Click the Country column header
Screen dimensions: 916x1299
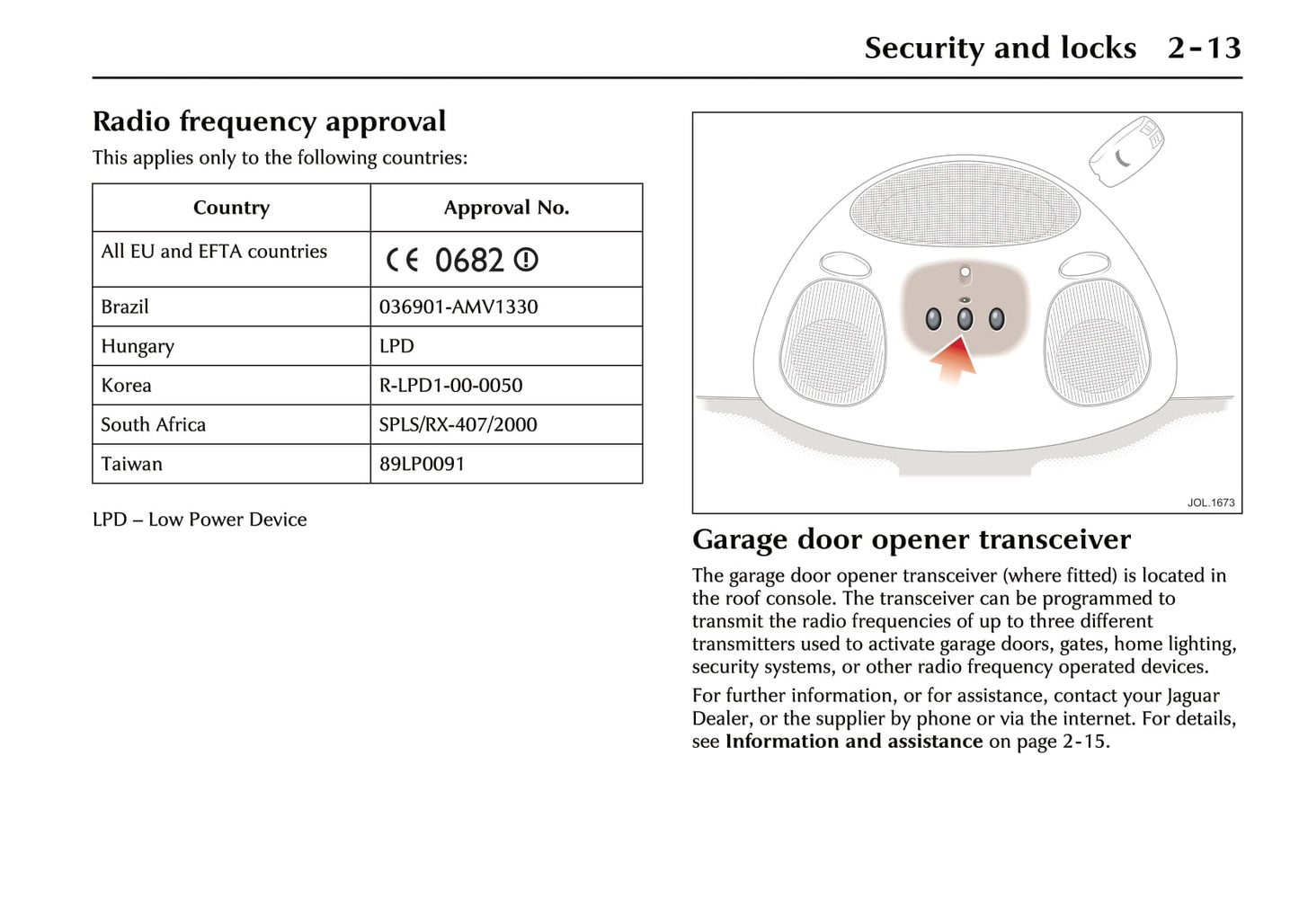[231, 208]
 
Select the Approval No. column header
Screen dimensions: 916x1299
[506, 208]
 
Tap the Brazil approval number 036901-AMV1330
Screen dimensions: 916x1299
[458, 307]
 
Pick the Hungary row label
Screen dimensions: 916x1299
[138, 346]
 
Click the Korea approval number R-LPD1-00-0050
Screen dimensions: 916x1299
[450, 386]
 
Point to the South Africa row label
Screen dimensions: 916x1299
[153, 424]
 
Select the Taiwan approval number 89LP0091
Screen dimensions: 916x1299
[422, 464]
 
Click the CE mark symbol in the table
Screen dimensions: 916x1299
[402, 260]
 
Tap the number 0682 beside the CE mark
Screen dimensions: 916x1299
[469, 260]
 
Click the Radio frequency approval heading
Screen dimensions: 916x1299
[269, 121]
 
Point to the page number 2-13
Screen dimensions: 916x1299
[1204, 48]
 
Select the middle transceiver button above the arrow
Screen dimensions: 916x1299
[965, 318]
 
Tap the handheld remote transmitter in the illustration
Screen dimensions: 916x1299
[1126, 151]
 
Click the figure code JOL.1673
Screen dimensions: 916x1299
[1210, 502]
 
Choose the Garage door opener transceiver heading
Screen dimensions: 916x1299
[911, 539]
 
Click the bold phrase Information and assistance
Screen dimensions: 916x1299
[853, 742]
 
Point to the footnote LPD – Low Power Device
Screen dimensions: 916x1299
[200, 520]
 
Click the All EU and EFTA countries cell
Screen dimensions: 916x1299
[214, 252]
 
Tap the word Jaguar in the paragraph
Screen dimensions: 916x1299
[1193, 696]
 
